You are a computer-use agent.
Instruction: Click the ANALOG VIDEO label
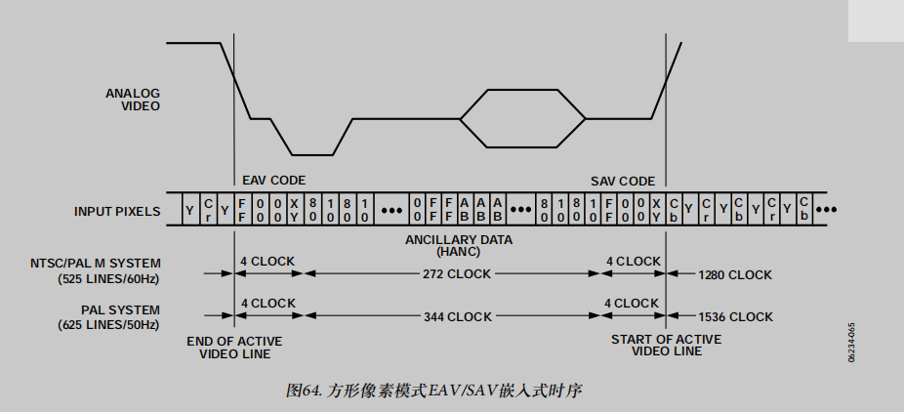[x=133, y=100]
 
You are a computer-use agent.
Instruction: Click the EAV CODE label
[x=273, y=181]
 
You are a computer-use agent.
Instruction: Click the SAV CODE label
[x=623, y=181]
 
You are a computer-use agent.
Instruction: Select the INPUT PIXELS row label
[x=117, y=211]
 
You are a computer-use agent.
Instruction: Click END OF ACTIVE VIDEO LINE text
[x=234, y=346]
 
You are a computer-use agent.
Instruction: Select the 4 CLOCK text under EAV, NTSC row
[x=267, y=262]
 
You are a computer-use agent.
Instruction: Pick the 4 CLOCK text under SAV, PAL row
[x=632, y=304]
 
